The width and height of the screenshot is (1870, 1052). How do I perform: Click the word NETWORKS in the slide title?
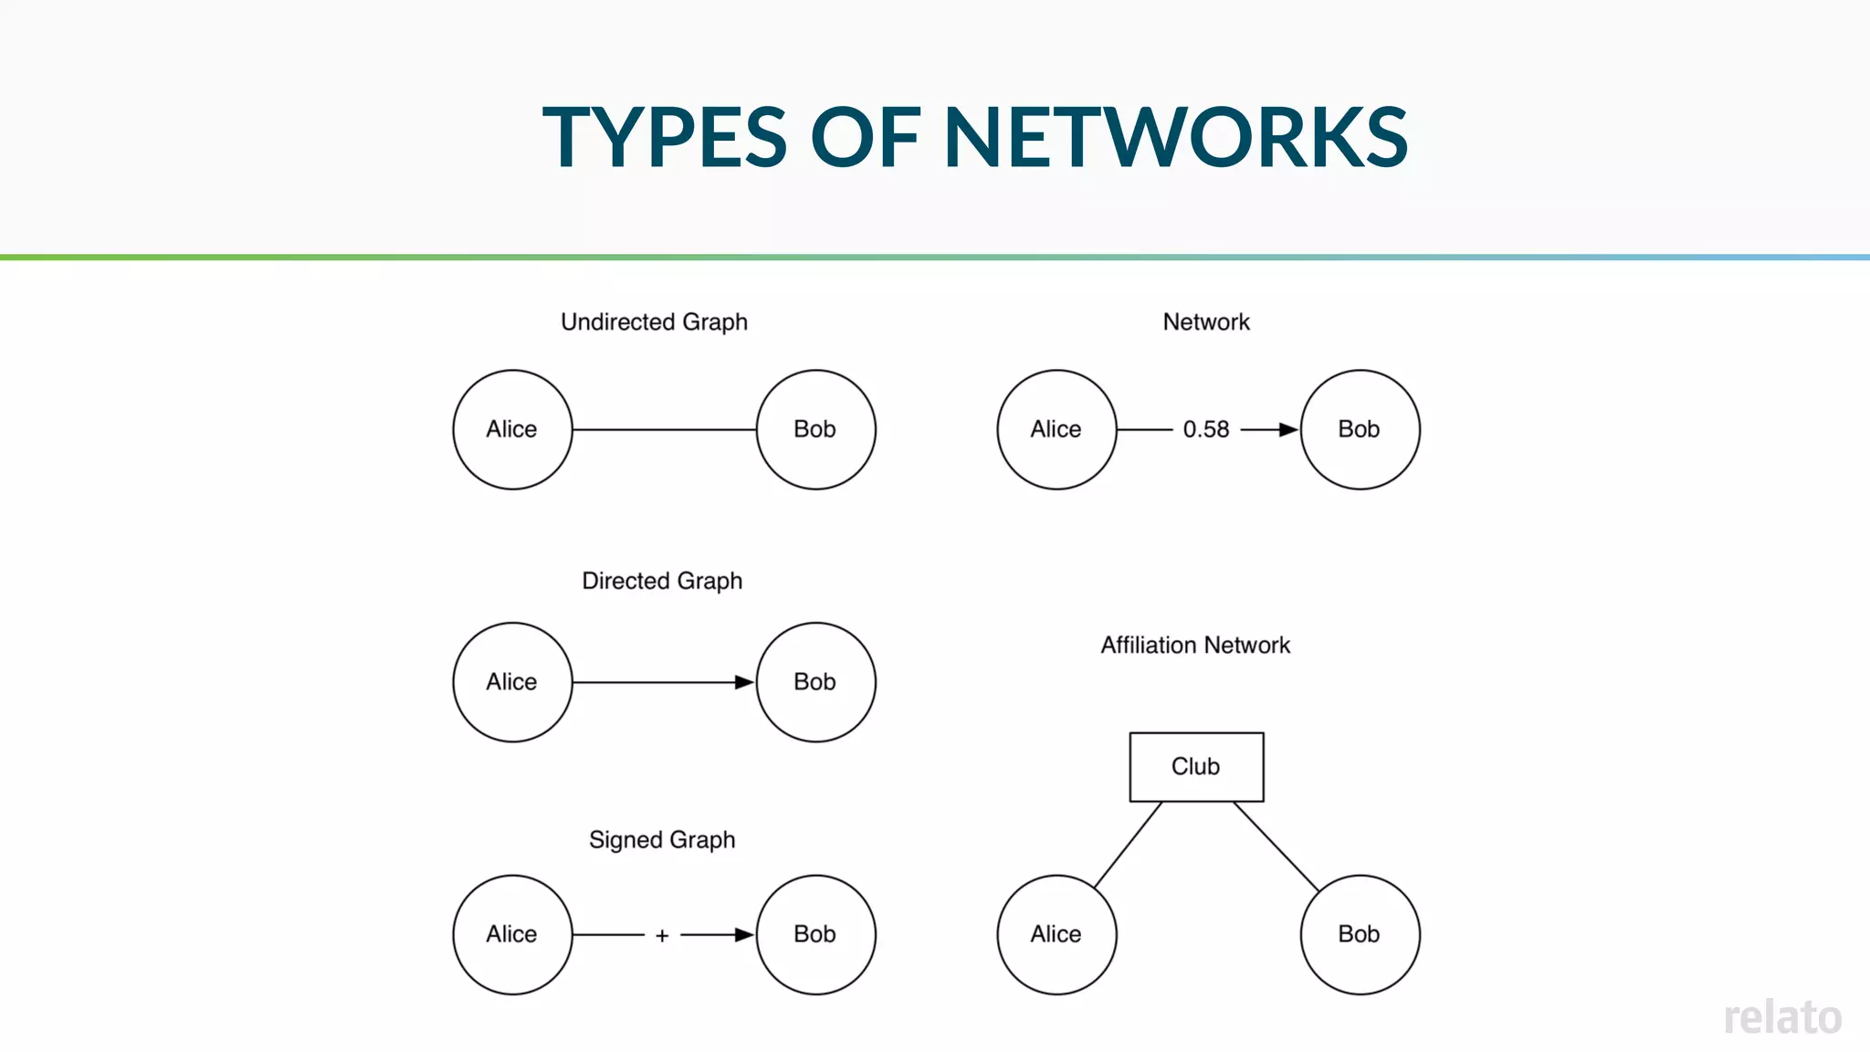click(x=1175, y=137)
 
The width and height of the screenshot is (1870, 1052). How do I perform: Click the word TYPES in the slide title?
click(x=664, y=137)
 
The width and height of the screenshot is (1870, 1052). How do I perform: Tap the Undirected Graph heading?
click(x=654, y=322)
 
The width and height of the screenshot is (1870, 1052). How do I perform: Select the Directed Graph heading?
click(x=662, y=581)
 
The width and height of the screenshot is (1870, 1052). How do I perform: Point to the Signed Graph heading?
click(x=662, y=840)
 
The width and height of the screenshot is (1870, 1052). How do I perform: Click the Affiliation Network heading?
click(x=1195, y=646)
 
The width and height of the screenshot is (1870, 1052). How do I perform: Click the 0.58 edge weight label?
click(x=1206, y=429)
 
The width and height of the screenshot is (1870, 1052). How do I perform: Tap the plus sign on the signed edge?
click(x=662, y=935)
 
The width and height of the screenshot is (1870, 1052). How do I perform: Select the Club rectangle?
click(x=1196, y=767)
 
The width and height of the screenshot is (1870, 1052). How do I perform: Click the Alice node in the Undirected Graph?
click(x=512, y=429)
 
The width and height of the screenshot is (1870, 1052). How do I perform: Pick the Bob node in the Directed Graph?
click(x=815, y=682)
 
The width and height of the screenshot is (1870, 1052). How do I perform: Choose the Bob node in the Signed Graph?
click(x=815, y=934)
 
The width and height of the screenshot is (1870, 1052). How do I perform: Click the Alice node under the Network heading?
click(x=1056, y=429)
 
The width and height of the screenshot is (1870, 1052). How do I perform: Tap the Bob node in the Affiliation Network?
click(x=1360, y=934)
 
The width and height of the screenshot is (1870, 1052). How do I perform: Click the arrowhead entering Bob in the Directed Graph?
click(x=743, y=682)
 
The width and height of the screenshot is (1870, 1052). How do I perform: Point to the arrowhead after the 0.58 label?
click(x=1287, y=429)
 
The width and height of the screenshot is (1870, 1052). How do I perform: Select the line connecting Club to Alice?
click(x=1129, y=844)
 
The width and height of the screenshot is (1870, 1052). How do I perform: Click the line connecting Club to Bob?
click(x=1276, y=846)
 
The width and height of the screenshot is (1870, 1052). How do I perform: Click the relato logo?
click(x=1782, y=1017)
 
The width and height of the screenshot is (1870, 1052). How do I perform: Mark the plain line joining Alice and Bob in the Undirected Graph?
click(x=664, y=429)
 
